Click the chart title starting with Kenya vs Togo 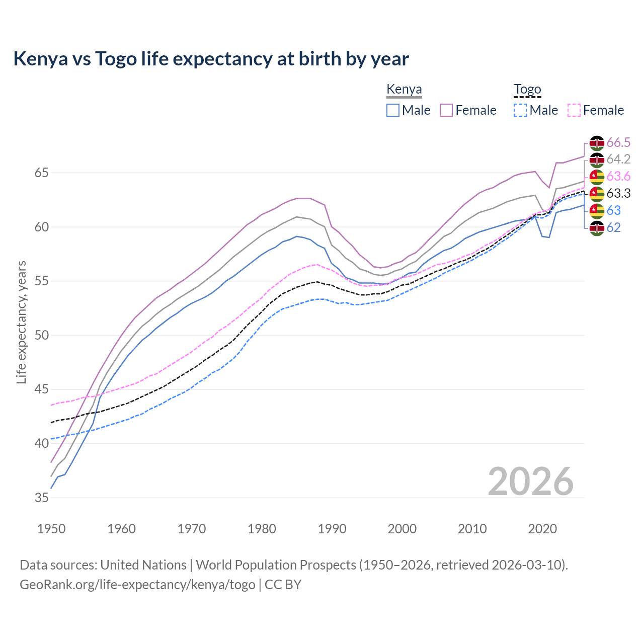(211, 59)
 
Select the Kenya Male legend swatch (393, 110)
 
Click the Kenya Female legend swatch (446, 110)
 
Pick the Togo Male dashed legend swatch (520, 110)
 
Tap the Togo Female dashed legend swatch (574, 110)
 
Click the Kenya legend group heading (404, 90)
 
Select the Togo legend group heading (527, 90)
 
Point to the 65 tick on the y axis (41, 173)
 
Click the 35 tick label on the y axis (41, 498)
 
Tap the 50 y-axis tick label (41, 336)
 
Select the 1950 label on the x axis (51, 529)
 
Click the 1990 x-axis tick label (332, 529)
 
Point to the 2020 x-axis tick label (542, 529)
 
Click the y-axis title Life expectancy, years (21, 322)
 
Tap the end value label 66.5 (618, 142)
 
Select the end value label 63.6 (618, 176)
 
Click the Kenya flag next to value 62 (597, 228)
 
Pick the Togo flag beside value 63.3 (597, 194)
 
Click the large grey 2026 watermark (531, 481)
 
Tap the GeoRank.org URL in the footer (137, 585)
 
